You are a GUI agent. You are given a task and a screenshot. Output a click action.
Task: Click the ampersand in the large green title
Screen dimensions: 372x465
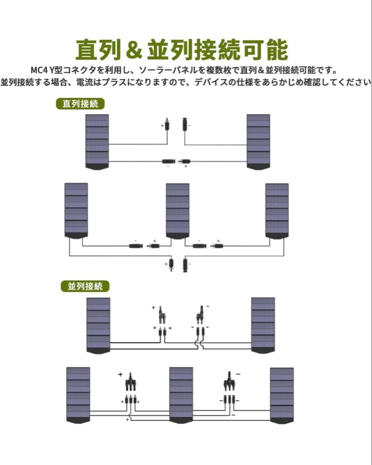click(135, 50)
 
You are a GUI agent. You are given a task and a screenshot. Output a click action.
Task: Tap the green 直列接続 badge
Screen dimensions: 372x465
click(80, 104)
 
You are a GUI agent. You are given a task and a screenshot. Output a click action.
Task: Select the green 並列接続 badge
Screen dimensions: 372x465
click(85, 286)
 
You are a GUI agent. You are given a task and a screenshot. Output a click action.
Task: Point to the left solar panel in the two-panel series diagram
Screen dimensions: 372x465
click(97, 142)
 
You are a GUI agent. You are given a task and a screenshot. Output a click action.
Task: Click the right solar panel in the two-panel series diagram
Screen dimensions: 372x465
click(258, 142)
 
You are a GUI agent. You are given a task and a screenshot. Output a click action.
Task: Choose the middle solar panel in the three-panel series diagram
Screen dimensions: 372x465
click(178, 211)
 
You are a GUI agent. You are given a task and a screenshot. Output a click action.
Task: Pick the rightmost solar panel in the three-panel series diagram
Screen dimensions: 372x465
click(277, 211)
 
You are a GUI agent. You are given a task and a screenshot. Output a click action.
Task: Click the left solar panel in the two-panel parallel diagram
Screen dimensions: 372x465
click(98, 325)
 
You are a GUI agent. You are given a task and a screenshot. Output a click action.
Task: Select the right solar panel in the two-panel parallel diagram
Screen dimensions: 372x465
click(263, 325)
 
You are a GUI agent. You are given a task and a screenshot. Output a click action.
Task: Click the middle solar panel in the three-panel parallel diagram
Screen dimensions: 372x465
click(181, 395)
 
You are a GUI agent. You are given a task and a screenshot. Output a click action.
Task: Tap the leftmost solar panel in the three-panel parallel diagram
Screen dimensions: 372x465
click(78, 395)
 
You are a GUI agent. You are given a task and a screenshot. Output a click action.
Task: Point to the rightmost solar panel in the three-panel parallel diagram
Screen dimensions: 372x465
click(282, 395)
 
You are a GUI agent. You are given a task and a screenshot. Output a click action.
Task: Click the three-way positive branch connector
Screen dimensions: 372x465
click(130, 382)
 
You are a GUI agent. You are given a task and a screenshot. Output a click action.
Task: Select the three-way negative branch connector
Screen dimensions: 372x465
click(229, 381)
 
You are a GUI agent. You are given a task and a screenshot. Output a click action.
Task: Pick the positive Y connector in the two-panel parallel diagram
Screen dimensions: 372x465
click(162, 315)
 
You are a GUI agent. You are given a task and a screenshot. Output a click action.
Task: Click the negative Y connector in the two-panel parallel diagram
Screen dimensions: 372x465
click(200, 315)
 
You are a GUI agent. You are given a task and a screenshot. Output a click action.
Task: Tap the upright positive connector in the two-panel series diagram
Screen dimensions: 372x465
click(167, 125)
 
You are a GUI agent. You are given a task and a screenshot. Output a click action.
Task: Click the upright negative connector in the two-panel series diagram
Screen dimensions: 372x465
click(185, 125)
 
